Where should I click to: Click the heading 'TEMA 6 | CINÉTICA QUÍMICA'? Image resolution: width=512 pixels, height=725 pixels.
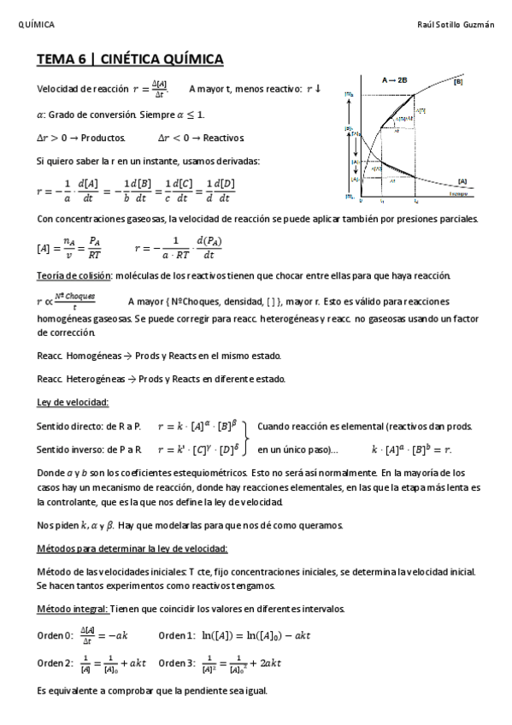tap(130, 59)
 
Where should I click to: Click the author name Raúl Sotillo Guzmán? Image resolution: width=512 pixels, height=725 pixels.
tap(458, 25)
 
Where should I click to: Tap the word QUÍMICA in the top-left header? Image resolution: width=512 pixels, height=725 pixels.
tap(37, 25)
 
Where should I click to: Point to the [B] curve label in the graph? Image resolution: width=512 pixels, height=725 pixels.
tap(459, 83)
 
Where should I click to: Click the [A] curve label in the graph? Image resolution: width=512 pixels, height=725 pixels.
tap(462, 180)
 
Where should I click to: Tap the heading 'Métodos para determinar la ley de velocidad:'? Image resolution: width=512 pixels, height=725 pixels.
tap(132, 548)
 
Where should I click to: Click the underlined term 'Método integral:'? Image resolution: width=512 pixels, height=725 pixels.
tap(72, 609)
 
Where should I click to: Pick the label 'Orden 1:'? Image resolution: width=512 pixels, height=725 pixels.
tap(178, 635)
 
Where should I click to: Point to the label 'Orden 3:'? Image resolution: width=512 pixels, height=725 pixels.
tap(178, 663)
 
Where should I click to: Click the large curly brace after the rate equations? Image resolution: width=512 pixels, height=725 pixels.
tap(246, 437)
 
